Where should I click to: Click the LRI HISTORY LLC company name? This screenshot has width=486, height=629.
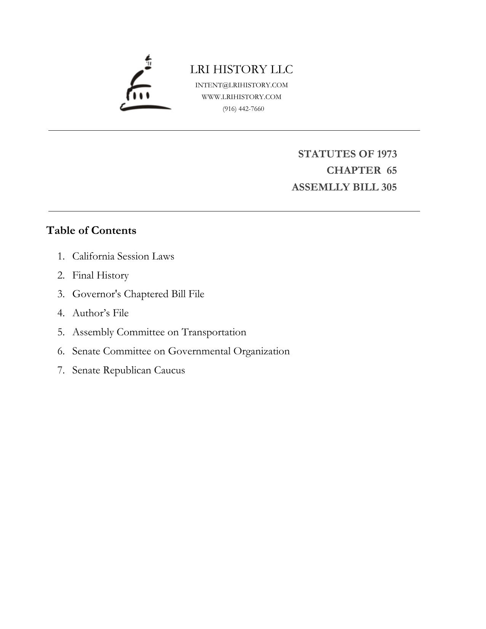241,70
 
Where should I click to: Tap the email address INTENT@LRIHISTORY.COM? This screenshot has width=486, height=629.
241,85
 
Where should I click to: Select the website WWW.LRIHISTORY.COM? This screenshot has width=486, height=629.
241,97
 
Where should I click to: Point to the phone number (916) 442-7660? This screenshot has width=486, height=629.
243,109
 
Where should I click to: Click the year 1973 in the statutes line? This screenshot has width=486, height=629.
387,154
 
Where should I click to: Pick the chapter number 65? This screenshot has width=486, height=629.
392,171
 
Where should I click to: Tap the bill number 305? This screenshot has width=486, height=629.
388,187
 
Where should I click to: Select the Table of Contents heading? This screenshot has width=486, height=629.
91,230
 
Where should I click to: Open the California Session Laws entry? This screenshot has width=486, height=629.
123,256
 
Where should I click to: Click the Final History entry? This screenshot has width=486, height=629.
101,275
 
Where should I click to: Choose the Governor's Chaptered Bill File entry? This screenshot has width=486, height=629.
138,294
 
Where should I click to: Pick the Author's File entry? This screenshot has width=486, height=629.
101,313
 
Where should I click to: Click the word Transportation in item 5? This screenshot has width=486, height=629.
214,332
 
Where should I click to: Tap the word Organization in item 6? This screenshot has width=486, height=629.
261,351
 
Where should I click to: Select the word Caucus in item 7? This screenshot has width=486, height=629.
169,370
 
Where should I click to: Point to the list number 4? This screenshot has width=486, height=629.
61,313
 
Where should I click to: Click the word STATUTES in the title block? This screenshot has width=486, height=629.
325,154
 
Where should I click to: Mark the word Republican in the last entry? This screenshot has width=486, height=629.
127,370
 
